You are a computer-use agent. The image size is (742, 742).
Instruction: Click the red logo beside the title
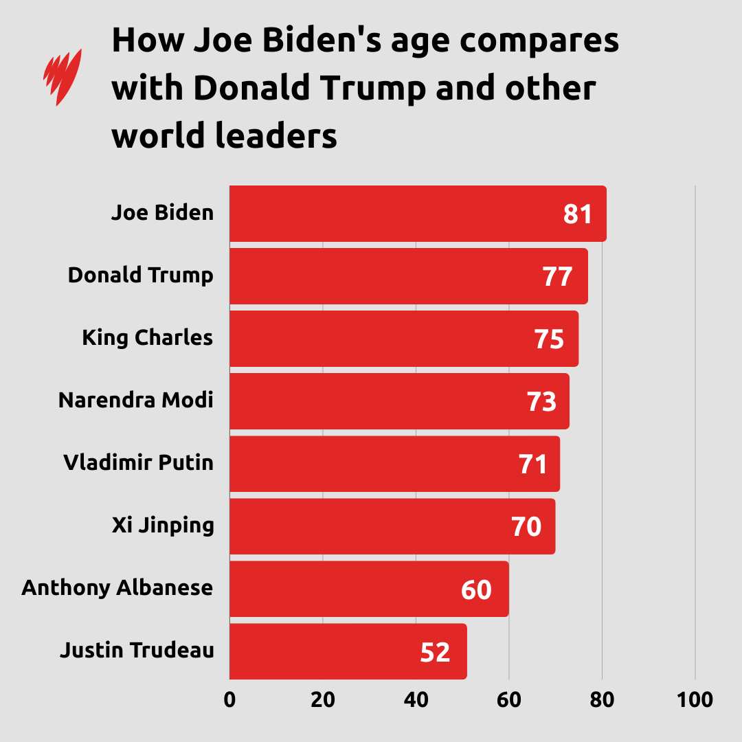63,76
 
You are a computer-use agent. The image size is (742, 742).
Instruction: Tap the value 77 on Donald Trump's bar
556,277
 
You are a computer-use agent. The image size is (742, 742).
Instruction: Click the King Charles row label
147,338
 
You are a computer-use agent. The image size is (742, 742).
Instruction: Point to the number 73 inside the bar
541,402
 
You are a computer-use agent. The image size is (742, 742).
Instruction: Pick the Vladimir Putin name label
138,462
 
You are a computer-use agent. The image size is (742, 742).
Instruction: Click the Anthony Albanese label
117,588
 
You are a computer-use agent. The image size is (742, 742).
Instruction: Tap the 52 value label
435,652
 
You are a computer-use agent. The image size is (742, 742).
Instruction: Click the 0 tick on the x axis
229,700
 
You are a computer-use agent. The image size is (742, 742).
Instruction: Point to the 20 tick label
323,700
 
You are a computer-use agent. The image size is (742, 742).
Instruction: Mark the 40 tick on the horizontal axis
416,700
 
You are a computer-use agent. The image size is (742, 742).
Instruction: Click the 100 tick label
695,700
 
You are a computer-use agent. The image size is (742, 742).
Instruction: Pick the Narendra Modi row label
135,400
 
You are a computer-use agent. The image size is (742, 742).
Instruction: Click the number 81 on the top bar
578,214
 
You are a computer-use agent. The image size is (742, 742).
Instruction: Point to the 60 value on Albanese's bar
476,589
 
